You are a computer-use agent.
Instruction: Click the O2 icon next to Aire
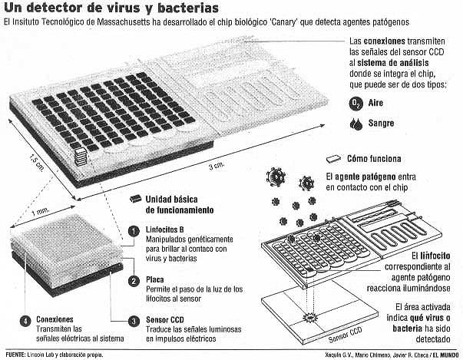pos(356,104)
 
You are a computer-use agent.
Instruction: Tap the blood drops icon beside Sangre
pos(356,124)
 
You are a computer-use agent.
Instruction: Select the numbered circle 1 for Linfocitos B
pos(134,231)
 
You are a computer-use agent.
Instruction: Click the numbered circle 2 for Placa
pos(134,281)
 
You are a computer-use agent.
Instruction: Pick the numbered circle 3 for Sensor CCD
pos(134,321)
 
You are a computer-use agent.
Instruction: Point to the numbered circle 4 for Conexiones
pos(25,321)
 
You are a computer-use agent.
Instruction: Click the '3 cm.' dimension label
pos(217,166)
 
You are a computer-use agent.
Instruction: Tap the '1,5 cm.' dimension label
pos(37,163)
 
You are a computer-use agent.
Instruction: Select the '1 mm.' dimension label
pos(41,211)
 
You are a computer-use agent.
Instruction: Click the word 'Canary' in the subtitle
pos(283,22)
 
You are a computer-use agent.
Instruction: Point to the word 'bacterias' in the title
pos(188,8)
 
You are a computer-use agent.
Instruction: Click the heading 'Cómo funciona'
pos(374,159)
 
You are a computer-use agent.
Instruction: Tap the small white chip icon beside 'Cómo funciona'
pos(334,159)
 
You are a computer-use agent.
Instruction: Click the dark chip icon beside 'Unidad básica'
pos(136,199)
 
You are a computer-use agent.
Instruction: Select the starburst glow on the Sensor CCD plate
pos(309,317)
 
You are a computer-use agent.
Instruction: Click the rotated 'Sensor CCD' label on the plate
pos(346,335)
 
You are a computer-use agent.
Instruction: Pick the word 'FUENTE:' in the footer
pos(15,355)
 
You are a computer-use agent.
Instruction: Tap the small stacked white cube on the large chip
pos(81,157)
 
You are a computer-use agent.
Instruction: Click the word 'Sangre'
pos(381,124)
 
